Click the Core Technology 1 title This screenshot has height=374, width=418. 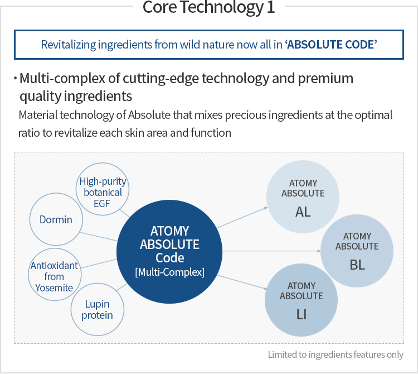coord(208,8)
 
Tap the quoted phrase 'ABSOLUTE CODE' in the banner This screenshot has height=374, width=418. coord(331,45)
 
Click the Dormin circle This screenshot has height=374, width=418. coord(56,219)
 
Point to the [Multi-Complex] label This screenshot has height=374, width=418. coord(169,272)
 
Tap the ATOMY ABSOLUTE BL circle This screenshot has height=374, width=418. coord(357,251)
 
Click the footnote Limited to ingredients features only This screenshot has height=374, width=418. coord(336,354)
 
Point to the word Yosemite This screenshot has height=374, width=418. coord(55,287)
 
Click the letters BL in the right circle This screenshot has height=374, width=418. coord(357,265)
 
